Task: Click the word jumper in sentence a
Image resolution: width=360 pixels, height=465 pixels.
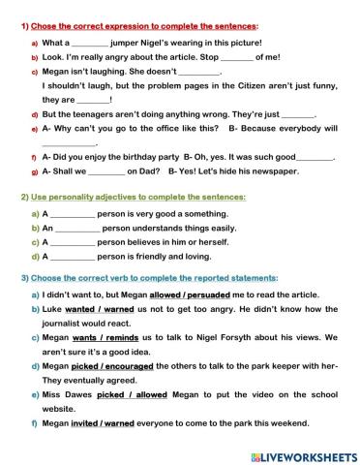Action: (128, 43)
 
